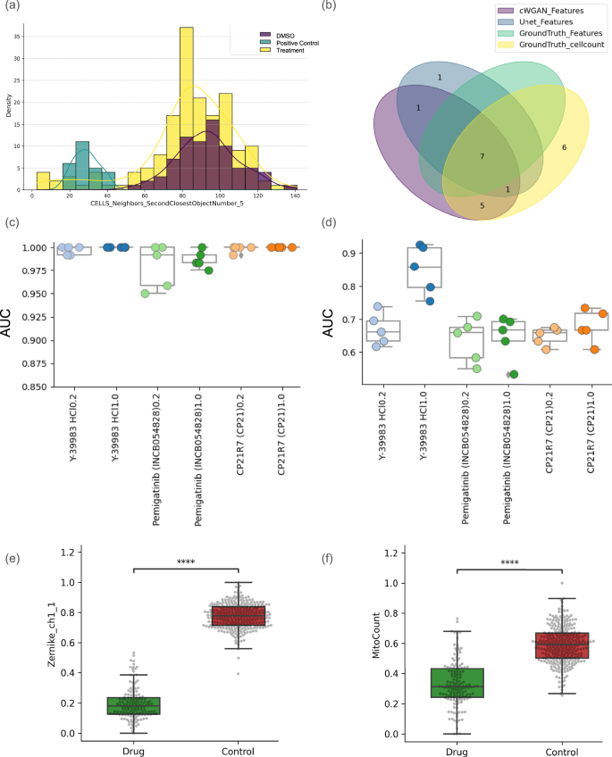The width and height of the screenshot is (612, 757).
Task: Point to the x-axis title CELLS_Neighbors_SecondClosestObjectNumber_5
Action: click(x=166, y=204)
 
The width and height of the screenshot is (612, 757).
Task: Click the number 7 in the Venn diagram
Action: click(x=482, y=156)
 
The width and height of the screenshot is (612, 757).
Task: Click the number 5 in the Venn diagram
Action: click(x=482, y=204)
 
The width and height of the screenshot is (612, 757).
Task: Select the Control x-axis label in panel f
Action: click(x=561, y=751)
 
